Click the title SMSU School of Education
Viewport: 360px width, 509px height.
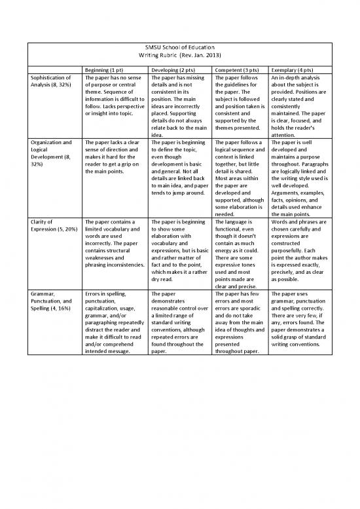(179, 48)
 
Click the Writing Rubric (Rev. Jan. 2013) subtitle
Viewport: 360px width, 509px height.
(179, 57)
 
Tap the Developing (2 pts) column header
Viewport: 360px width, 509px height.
(175, 69)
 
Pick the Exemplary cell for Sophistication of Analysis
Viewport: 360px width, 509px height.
(302, 104)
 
